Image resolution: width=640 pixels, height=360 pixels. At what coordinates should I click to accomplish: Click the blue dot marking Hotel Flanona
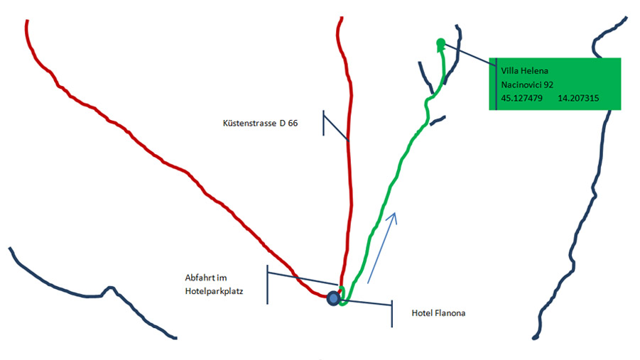pyautogui.click(x=333, y=298)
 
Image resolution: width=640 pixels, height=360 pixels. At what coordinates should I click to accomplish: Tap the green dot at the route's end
pyautogui.click(x=441, y=42)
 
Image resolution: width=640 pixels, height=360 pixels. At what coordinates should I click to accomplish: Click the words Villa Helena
pyautogui.click(x=524, y=70)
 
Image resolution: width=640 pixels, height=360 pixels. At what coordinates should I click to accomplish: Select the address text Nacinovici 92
pyautogui.click(x=527, y=84)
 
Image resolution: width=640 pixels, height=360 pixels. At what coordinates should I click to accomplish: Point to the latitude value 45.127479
pyautogui.click(x=521, y=98)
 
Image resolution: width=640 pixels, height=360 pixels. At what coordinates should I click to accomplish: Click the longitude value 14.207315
pyautogui.click(x=578, y=98)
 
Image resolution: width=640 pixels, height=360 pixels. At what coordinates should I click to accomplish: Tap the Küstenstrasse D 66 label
pyautogui.click(x=261, y=123)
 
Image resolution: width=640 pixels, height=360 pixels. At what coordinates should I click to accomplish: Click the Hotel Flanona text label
pyautogui.click(x=438, y=313)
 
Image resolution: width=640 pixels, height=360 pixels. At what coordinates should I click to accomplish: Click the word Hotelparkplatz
pyautogui.click(x=214, y=291)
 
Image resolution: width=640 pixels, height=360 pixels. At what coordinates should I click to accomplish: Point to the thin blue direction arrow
pyautogui.click(x=382, y=248)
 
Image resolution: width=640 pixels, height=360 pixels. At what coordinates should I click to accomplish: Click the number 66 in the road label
pyautogui.click(x=293, y=123)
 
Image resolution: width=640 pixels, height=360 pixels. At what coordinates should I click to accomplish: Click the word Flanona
pyautogui.click(x=450, y=313)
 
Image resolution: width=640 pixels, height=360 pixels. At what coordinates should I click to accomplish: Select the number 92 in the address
pyautogui.click(x=548, y=84)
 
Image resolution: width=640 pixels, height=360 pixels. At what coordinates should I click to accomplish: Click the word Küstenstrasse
pyautogui.click(x=249, y=123)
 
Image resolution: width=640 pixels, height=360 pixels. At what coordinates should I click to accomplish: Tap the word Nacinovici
pyautogui.click(x=521, y=84)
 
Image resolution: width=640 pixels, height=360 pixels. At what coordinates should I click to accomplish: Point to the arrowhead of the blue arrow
pyautogui.click(x=393, y=217)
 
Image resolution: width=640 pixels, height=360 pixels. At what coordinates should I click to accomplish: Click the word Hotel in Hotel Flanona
pyautogui.click(x=422, y=313)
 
